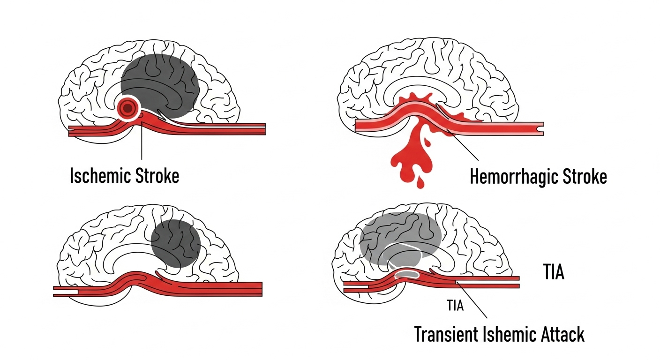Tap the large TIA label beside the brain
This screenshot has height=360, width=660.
(553, 272)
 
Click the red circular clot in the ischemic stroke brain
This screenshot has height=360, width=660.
(127, 109)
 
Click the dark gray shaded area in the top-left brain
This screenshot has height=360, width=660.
(159, 80)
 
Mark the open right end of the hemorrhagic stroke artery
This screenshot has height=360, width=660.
(542, 127)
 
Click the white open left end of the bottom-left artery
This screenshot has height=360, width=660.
(66, 292)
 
